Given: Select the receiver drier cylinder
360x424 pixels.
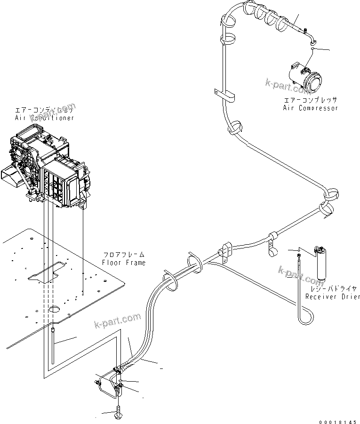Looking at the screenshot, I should click(321, 264).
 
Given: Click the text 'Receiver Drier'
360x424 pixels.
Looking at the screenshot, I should click(332, 296).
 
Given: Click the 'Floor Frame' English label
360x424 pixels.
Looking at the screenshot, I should click(124, 263).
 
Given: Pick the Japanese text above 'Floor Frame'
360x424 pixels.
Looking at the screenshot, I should click(124, 255).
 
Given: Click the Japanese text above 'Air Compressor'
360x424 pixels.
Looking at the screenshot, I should click(310, 100).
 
